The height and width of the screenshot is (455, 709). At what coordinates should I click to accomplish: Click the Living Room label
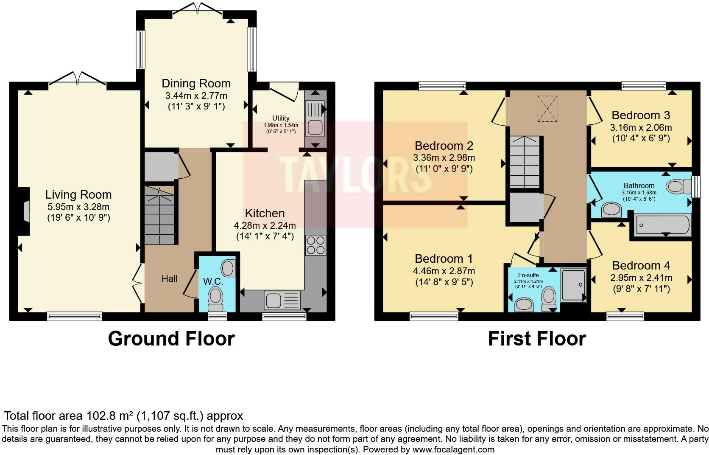click(78, 195)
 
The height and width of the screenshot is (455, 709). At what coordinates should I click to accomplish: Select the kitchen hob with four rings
click(315, 245)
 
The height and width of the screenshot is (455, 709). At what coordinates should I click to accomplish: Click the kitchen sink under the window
click(282, 301)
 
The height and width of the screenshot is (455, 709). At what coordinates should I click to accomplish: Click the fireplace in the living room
click(25, 211)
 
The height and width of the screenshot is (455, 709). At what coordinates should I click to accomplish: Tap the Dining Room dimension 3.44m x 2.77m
click(196, 96)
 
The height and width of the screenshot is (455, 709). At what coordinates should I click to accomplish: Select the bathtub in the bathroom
click(662, 225)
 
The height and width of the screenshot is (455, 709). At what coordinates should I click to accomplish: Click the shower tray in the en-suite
click(573, 285)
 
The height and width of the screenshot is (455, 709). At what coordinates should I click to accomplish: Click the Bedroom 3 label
click(641, 115)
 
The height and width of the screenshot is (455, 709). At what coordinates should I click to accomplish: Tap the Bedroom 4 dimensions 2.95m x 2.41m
click(641, 278)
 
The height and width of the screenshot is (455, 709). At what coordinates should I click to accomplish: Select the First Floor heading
click(536, 339)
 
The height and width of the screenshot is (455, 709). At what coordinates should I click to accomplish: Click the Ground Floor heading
click(171, 339)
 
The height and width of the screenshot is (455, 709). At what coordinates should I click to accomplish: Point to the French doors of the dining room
click(197, 8)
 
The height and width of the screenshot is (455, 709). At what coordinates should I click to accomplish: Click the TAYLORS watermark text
click(355, 174)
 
